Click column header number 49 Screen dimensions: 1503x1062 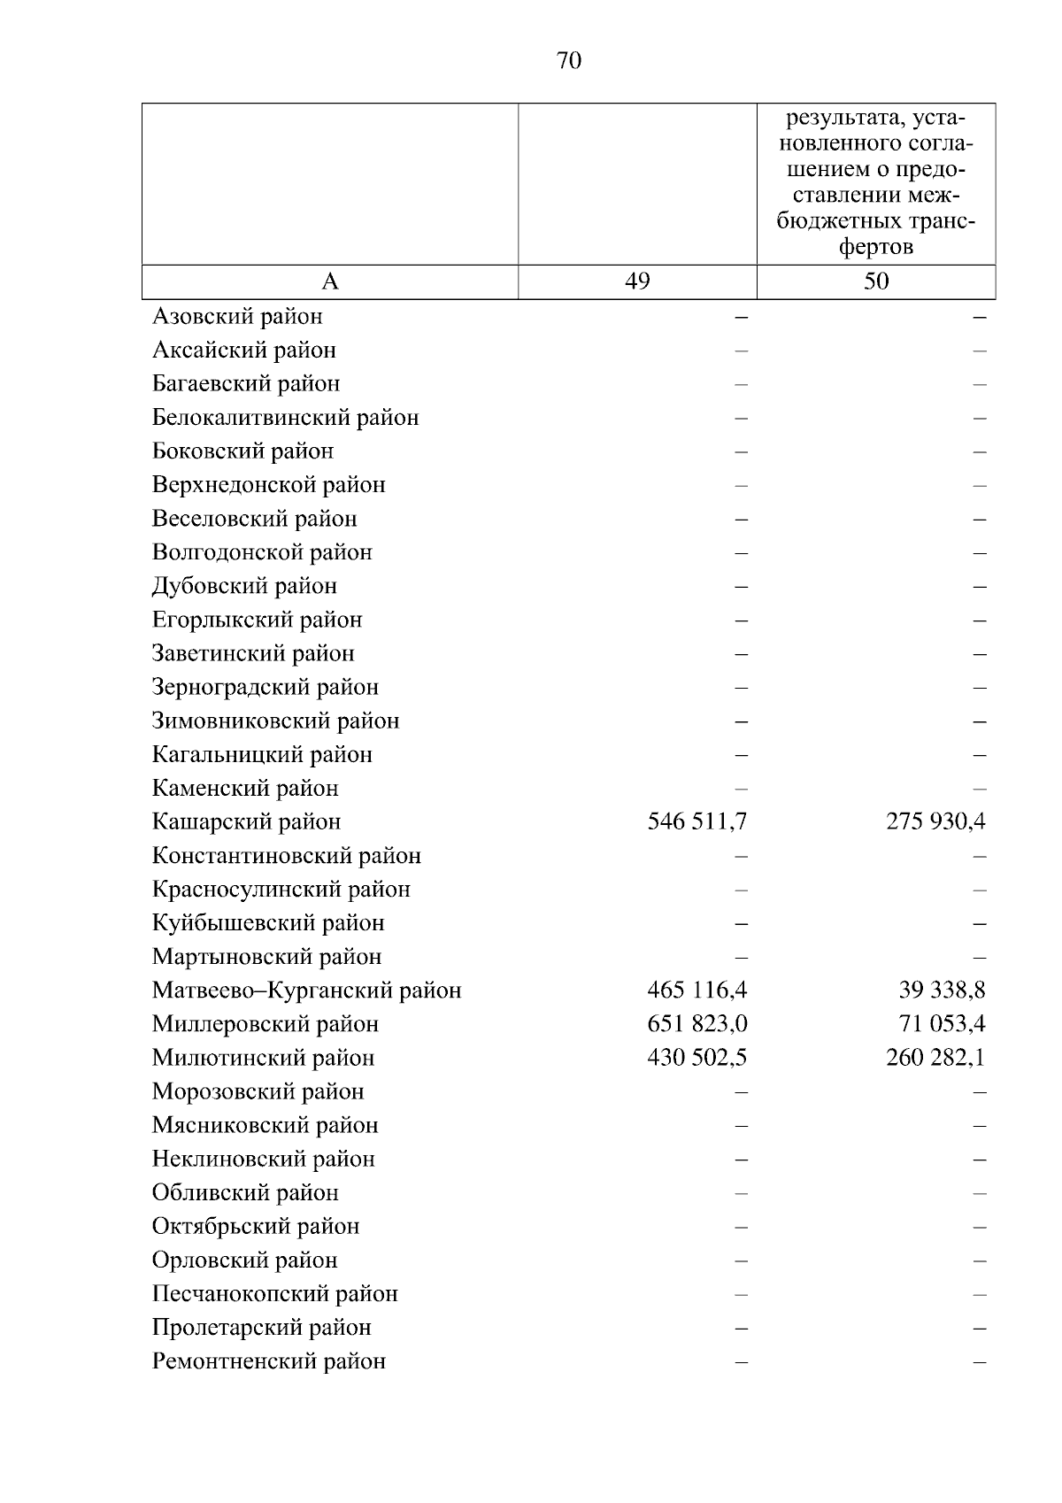(637, 281)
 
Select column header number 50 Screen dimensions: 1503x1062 (876, 281)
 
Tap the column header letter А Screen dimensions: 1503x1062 (330, 281)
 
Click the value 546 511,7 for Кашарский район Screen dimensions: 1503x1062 (697, 822)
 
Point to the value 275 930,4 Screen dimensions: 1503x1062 (935, 822)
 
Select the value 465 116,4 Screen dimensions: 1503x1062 (697, 990)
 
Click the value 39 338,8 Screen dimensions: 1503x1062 (942, 990)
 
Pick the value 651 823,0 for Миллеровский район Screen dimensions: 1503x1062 (697, 1024)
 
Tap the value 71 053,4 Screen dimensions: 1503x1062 (942, 1024)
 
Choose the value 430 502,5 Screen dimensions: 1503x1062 (697, 1058)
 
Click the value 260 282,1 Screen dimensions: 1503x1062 (935, 1058)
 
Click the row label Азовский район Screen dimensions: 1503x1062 (237, 317)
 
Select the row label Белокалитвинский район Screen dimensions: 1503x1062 (285, 418)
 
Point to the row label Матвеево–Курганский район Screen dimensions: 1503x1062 (306, 990)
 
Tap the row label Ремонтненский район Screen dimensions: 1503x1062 (268, 1361)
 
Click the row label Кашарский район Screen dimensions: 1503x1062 (246, 822)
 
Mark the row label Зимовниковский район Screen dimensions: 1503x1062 (275, 721)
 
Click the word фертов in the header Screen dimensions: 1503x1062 (876, 247)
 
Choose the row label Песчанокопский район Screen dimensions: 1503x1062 (274, 1294)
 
